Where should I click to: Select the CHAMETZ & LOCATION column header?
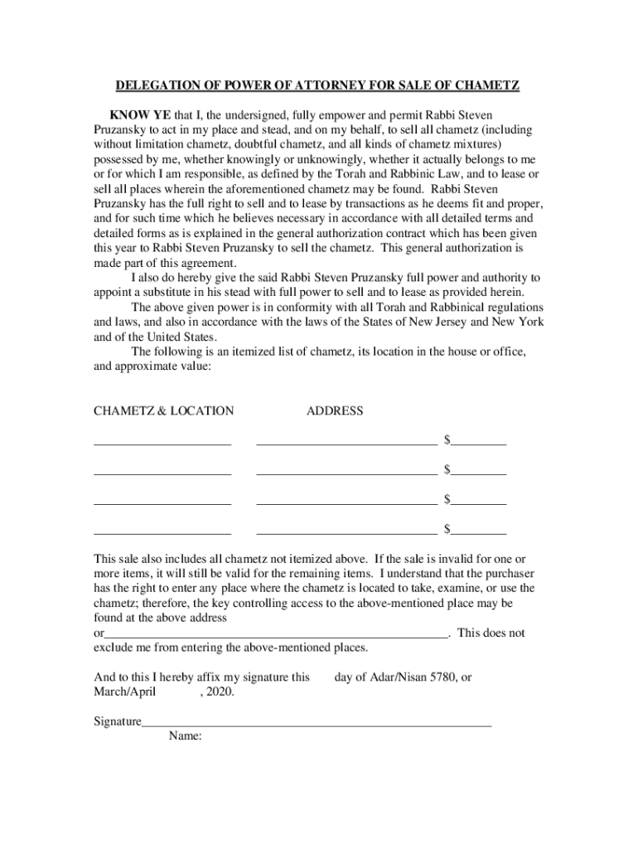163,410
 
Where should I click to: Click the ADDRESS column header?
335,410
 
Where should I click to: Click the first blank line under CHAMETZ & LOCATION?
162,443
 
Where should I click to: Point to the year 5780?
442,677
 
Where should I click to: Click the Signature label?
118,721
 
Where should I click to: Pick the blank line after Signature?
317,724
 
